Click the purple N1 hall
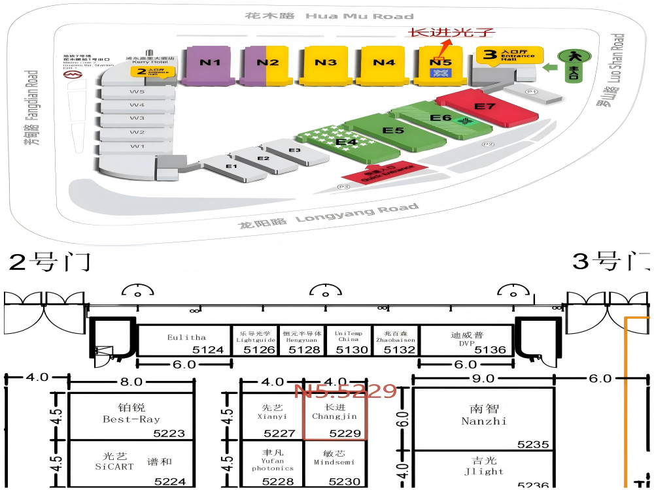point(209,64)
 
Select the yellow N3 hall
point(325,63)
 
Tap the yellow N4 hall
point(384,63)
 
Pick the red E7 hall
point(486,107)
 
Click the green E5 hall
point(393,131)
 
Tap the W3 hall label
point(137,118)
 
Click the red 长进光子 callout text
point(452,32)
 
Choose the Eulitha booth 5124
point(186,341)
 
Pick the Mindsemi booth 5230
point(335,465)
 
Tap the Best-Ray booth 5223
point(131,416)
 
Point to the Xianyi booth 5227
point(272,416)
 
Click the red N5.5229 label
point(345,391)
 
